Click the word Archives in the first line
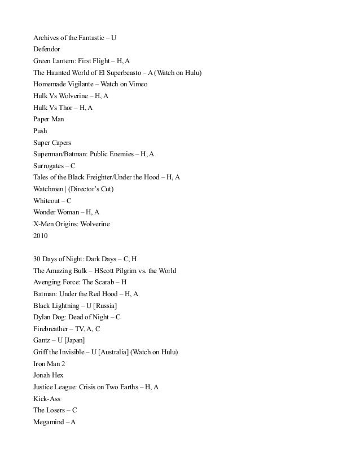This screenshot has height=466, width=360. (x=46, y=38)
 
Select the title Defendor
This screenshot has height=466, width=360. (x=46, y=49)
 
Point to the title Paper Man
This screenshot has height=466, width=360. (x=49, y=120)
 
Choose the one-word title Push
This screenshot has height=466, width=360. (x=40, y=131)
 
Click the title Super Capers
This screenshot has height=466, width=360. (x=52, y=143)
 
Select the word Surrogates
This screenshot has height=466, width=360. (x=49, y=166)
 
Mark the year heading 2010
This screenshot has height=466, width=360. (x=41, y=236)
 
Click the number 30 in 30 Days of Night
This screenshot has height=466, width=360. (x=37, y=259)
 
